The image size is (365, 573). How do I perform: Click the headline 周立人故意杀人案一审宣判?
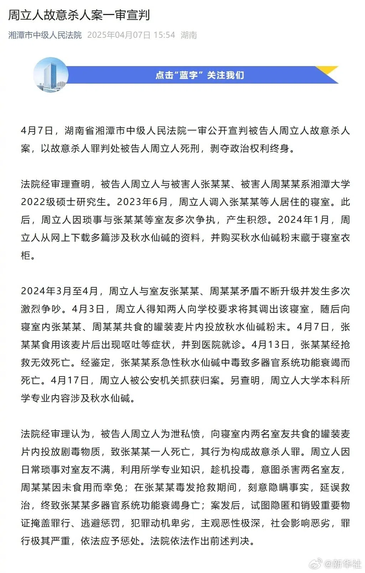[79, 15]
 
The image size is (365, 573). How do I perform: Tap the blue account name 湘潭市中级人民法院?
[45, 35]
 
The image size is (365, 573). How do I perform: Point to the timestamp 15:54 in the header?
[164, 35]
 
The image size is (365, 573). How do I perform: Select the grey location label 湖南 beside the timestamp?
[189, 35]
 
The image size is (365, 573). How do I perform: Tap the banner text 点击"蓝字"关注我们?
[200, 75]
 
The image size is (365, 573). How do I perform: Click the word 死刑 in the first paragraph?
[190, 148]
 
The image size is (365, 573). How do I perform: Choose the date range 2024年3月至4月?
[59, 291]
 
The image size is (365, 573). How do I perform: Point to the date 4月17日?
[70, 381]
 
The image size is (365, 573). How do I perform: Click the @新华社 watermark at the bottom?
[342, 564]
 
